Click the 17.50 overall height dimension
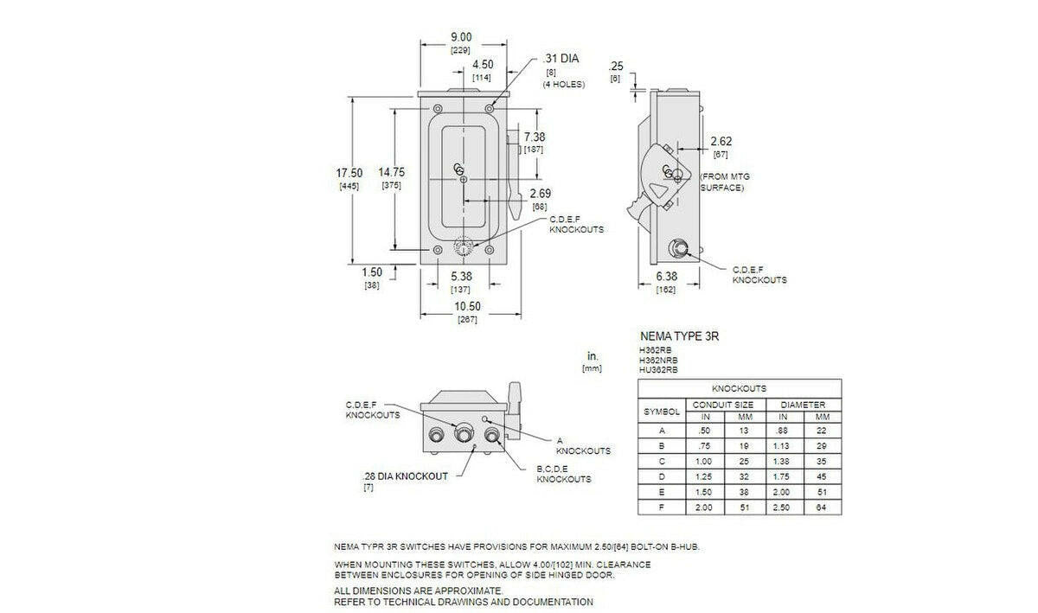(349, 173)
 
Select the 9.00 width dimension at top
(461, 37)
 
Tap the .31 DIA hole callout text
(561, 59)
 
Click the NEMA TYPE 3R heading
(679, 336)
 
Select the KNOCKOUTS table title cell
(740, 389)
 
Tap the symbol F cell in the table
(663, 508)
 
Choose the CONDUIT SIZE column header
(720, 405)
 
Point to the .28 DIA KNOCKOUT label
(406, 476)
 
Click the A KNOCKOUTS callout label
(583, 445)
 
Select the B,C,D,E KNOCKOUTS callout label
(564, 474)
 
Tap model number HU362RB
(659, 369)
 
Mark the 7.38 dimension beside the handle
(535, 137)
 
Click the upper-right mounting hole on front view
(490, 108)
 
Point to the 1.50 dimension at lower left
(371, 273)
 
